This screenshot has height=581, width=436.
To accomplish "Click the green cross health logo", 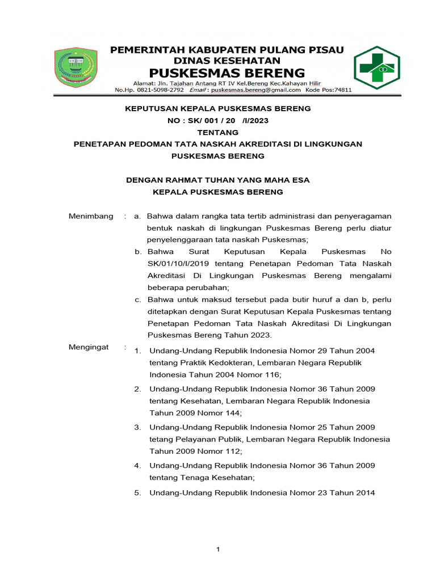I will pos(377,68).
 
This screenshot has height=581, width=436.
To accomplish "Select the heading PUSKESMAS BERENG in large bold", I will pos(227,73).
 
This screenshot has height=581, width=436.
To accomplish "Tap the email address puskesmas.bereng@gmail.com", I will pos(253,90).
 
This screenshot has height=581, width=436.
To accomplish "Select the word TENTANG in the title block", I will pos(217,132).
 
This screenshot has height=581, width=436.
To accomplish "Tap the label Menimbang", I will pos(91,216).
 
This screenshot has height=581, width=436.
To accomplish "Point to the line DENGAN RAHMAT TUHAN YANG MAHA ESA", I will pos(217,180).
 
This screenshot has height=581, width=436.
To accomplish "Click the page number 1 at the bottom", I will pos(217,549).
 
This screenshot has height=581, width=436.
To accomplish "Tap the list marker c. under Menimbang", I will pos(138,299).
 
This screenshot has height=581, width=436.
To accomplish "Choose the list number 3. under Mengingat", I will pos(137,427).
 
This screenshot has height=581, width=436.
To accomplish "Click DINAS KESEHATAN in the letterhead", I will pos(227,60).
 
